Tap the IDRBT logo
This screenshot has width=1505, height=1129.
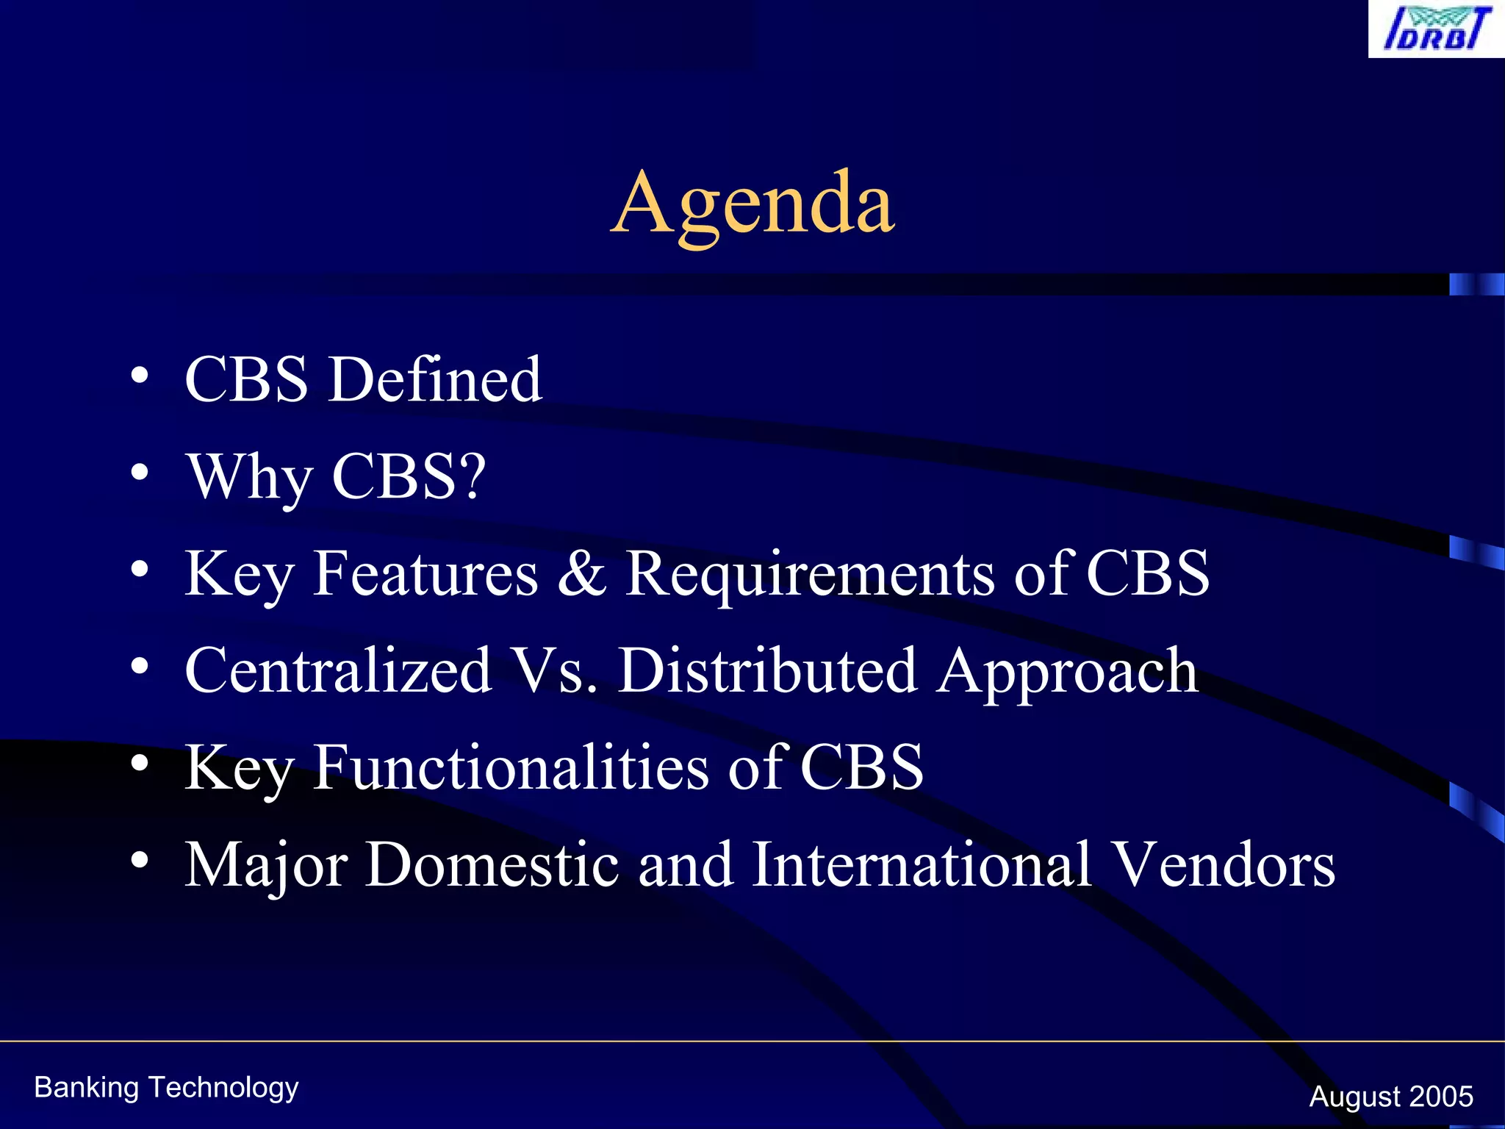[x=1436, y=29]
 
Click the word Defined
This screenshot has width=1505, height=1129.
[x=435, y=379]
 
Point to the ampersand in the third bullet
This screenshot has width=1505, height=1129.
[x=582, y=573]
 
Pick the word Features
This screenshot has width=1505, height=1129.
[x=425, y=573]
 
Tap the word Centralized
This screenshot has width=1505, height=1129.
[x=338, y=670]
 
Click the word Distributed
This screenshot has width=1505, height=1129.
[x=767, y=670]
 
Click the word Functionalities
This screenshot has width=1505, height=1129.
[x=511, y=767]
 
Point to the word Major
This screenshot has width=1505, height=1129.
[x=266, y=866]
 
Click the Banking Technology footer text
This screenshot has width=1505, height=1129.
[x=166, y=1088]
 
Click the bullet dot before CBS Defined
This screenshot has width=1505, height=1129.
[x=140, y=376]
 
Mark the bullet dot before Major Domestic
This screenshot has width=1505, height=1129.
[x=140, y=860]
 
